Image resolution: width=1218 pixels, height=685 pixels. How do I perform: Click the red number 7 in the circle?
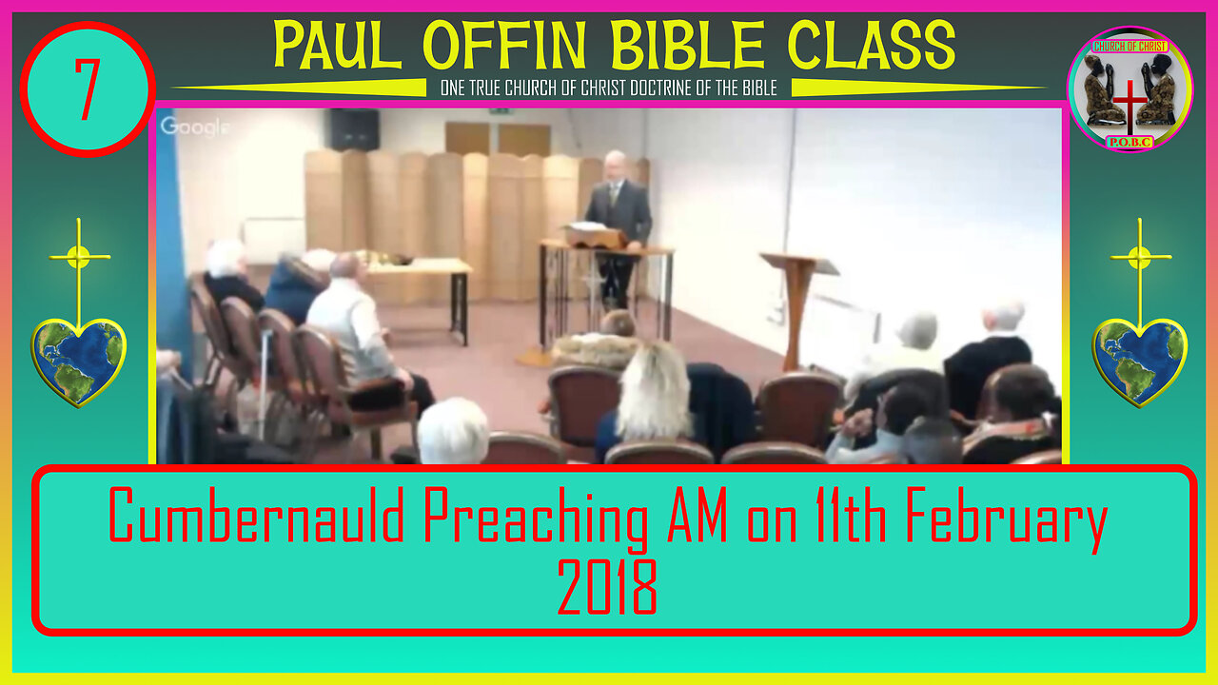click(x=87, y=89)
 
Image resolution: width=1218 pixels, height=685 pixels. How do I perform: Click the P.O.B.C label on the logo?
click(x=1130, y=143)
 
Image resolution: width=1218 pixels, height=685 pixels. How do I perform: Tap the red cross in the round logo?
click(x=1130, y=106)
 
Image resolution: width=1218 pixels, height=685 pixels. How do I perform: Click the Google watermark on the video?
click(x=194, y=127)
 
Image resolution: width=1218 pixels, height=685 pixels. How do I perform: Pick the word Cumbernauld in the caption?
click(x=257, y=515)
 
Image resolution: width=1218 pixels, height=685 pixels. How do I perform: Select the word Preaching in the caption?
click(x=536, y=519)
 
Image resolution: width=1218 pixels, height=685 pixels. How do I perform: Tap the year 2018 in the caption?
click(x=607, y=587)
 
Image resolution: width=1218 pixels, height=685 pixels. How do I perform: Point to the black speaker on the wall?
click(x=354, y=129)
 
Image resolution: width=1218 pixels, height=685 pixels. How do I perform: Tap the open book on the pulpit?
click(x=588, y=226)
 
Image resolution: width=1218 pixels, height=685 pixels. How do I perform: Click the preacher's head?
click(x=616, y=165)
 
